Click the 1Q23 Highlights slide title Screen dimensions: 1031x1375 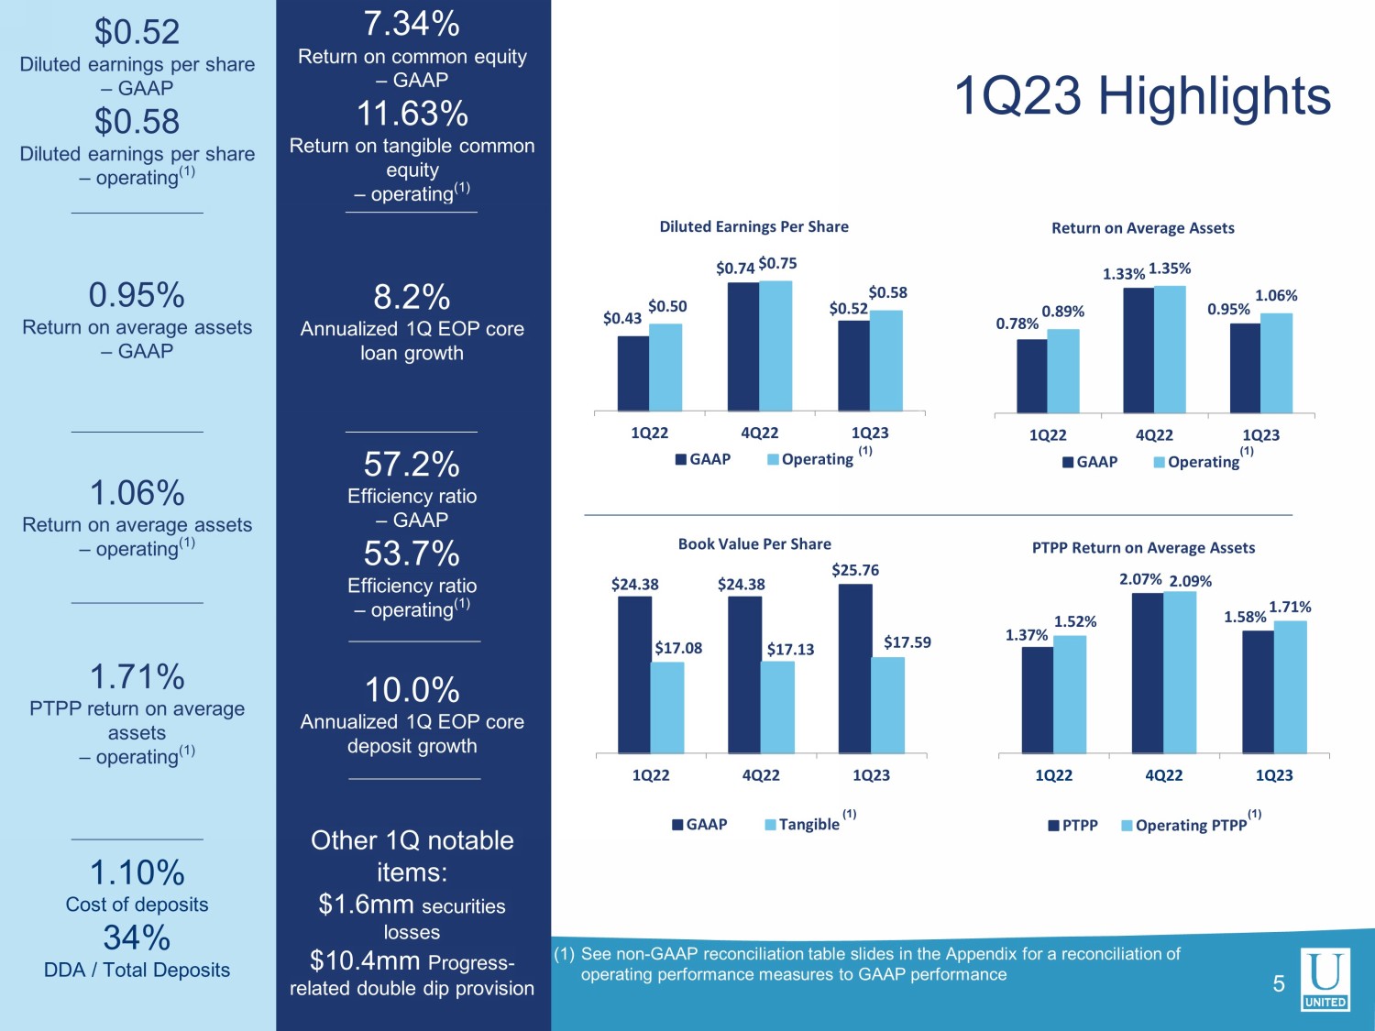pyautogui.click(x=1142, y=96)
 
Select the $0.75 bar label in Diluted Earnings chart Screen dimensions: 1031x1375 pyautogui.click(x=777, y=264)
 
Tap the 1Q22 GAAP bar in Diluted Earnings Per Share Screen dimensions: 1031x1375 pyautogui.click(x=632, y=373)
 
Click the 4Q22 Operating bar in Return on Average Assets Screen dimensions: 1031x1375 pyautogui.click(x=1170, y=349)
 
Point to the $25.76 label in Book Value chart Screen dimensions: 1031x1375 pyautogui.click(x=854, y=570)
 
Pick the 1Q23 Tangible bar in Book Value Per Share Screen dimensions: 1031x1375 pyautogui.click(x=887, y=705)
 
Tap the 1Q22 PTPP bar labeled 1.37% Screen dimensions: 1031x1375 pyautogui.click(x=1037, y=699)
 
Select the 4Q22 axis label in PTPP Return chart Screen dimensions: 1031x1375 pyautogui.click(x=1163, y=775)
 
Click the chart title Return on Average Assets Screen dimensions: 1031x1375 pyautogui.click(x=1142, y=228)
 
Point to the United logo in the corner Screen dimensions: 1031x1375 pyautogui.click(x=1325, y=979)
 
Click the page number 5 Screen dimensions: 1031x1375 pyautogui.click(x=1279, y=984)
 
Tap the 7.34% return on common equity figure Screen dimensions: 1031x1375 pyautogui.click(x=412, y=24)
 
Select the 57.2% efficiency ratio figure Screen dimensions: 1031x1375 pyautogui.click(x=412, y=465)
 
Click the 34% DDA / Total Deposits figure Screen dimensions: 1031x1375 pyautogui.click(x=137, y=938)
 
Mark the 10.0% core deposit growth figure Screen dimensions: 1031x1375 pyautogui.click(x=412, y=690)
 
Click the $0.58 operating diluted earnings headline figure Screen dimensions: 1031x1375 pyautogui.click(x=137, y=122)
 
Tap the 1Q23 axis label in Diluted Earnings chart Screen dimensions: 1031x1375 pyautogui.click(x=869, y=433)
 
